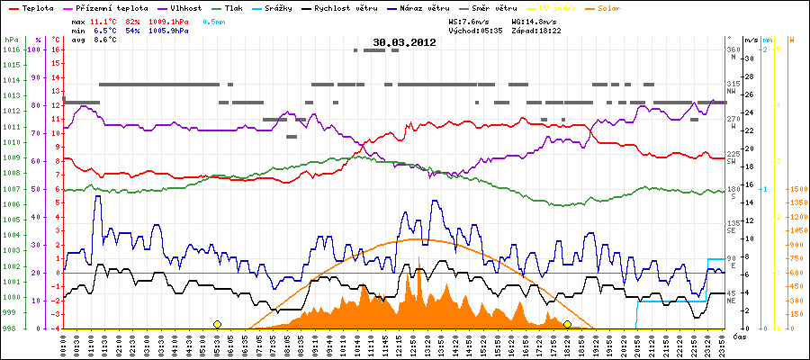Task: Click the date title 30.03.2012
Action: (x=404, y=42)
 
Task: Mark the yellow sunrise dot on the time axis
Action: (x=217, y=324)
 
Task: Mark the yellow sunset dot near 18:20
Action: (x=567, y=324)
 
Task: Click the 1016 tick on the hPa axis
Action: (x=10, y=50)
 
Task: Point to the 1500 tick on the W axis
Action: (x=796, y=189)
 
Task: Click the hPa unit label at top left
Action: (x=10, y=40)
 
